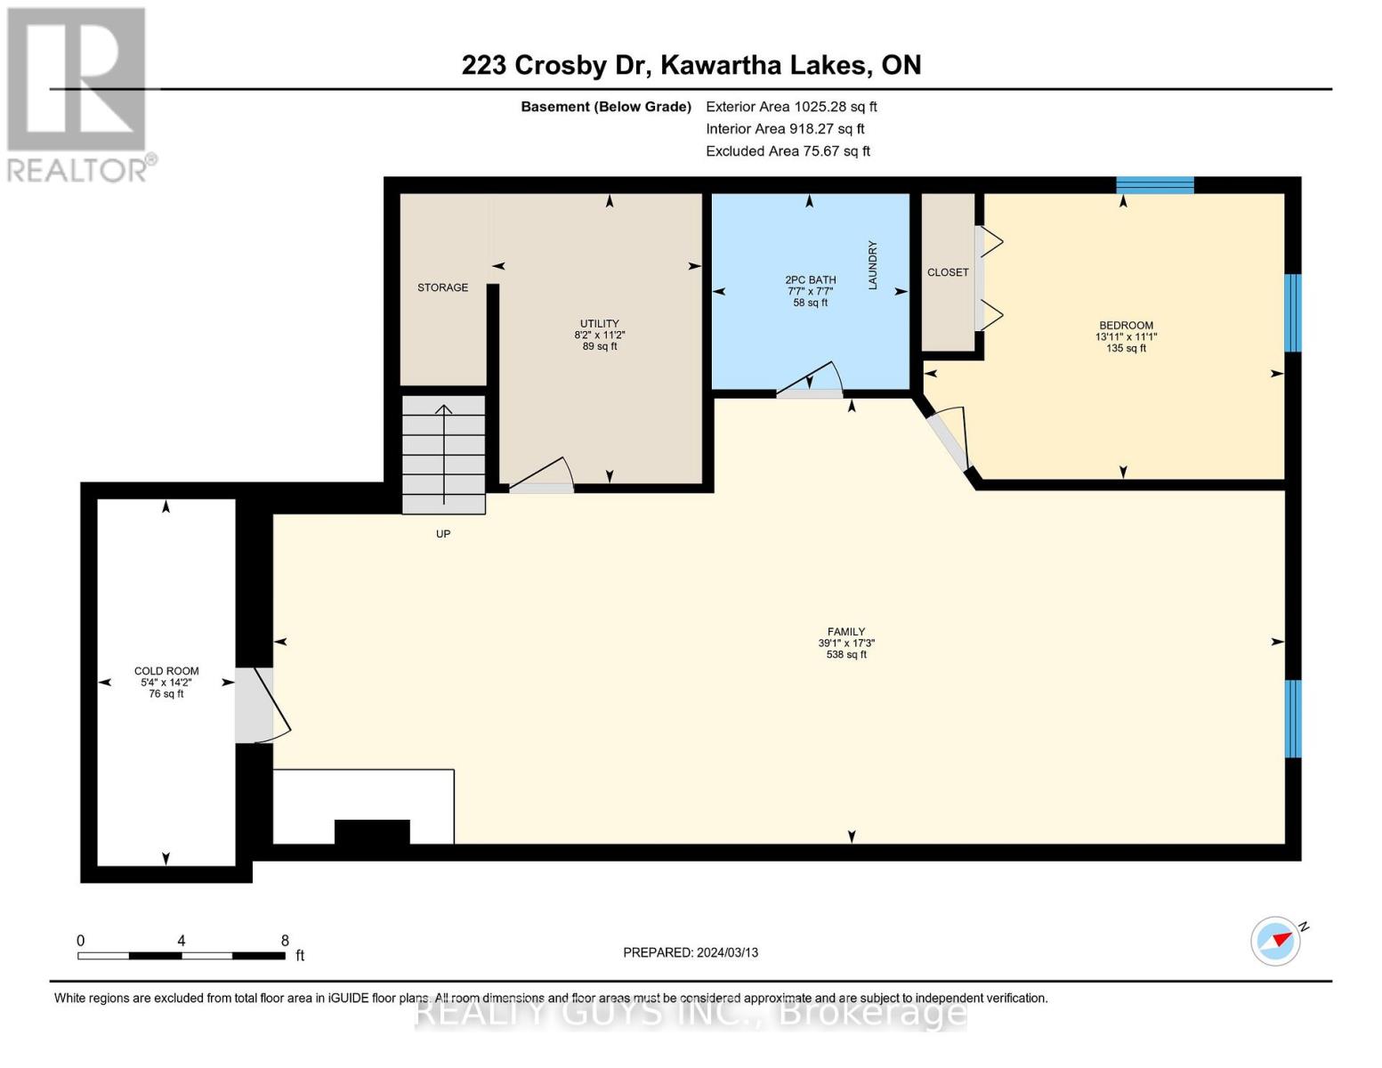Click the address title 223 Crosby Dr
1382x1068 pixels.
(691, 65)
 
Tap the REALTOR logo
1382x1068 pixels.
(77, 93)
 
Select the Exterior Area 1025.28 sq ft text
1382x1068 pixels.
(791, 107)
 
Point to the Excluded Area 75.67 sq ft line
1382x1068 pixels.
(788, 151)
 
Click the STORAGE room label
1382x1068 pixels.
(442, 287)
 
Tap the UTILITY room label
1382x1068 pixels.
(599, 324)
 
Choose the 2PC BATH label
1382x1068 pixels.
(810, 280)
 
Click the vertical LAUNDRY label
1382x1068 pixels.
(872, 265)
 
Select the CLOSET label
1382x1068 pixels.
(947, 272)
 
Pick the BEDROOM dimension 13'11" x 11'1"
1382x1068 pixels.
(1126, 337)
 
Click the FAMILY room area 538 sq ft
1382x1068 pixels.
(845, 655)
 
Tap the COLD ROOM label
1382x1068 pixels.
(166, 671)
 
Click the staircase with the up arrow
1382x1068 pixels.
(443, 455)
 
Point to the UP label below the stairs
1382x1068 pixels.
(443, 534)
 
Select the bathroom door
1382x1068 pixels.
(810, 382)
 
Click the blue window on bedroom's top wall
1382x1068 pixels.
(1154, 185)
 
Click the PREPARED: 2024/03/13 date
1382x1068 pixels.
(691, 952)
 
